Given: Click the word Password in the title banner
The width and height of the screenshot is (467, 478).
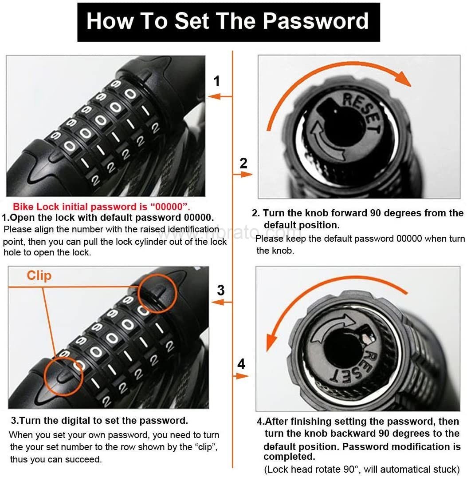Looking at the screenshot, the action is tap(315, 21).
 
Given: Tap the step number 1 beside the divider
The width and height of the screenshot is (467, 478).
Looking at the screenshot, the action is tap(216, 81).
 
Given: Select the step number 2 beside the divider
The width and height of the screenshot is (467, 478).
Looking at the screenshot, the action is tap(243, 163).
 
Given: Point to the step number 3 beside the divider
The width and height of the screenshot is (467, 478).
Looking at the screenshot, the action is tap(221, 290).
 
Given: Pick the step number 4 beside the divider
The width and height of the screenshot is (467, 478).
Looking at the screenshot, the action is tap(241, 364).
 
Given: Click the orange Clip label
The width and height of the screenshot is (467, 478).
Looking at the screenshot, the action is tap(39, 275).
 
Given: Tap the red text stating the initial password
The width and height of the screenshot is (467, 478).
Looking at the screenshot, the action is tap(102, 207).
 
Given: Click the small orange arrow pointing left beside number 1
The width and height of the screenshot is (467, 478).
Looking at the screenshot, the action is tap(220, 97).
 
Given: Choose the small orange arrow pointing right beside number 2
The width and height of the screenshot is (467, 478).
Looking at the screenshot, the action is tap(243, 175).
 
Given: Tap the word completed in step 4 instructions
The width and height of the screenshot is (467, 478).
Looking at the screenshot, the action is tap(289, 456).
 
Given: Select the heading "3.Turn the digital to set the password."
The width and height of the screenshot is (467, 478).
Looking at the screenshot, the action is tap(99, 420).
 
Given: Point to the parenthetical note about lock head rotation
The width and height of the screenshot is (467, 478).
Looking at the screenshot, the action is tap(361, 469).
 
